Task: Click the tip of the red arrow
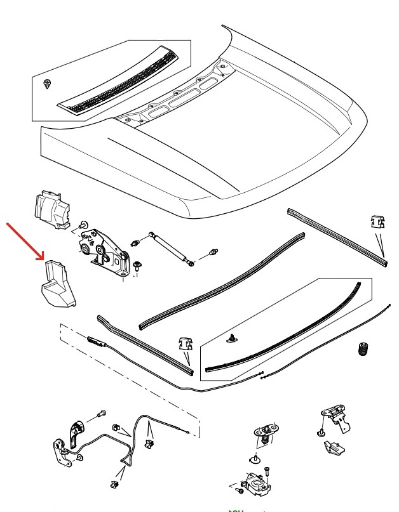click(44, 259)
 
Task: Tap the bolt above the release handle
click(100, 414)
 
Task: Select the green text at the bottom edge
click(236, 510)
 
